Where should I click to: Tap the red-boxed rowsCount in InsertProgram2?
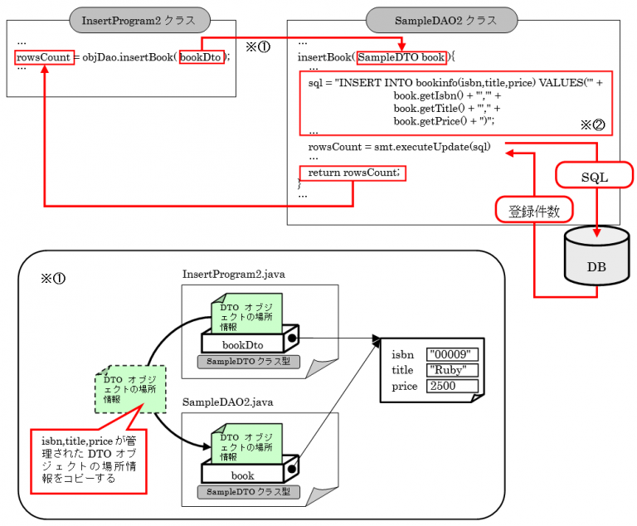42,57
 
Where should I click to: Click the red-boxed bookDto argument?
202,57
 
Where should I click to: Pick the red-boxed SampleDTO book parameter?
401,57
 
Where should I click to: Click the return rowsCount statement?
353,173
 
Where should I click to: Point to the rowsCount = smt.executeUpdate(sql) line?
399,147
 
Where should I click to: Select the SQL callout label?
593,177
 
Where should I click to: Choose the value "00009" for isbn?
453,354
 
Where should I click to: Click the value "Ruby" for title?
453,370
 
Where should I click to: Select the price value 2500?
453,386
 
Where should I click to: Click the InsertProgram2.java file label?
234,274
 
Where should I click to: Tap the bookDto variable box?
243,343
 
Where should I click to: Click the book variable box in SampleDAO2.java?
243,475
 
